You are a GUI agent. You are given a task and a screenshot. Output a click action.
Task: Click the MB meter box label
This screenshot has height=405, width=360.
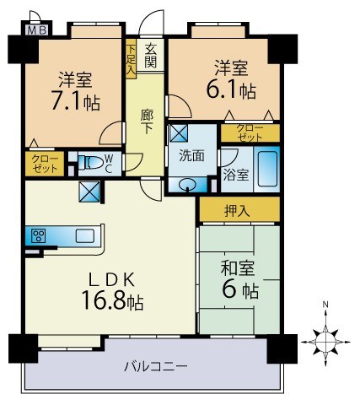[37, 30]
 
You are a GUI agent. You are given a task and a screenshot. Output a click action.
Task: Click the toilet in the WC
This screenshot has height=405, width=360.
[90, 163]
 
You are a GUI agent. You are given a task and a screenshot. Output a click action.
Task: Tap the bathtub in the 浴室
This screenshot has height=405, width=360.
[267, 169]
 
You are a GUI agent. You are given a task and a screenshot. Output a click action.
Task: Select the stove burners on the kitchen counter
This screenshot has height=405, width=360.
[38, 235]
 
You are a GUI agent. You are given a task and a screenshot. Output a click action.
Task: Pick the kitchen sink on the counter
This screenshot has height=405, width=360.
[85, 235]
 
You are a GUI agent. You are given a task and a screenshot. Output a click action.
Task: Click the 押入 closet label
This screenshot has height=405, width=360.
[237, 210]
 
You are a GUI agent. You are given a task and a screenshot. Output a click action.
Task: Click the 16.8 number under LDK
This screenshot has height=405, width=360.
[104, 300]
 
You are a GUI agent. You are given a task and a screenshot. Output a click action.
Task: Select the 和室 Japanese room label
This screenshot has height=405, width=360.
[238, 268]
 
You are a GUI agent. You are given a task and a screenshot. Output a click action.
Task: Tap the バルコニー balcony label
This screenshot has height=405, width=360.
[156, 366]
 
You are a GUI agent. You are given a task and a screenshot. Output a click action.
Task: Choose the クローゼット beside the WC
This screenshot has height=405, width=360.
[45, 164]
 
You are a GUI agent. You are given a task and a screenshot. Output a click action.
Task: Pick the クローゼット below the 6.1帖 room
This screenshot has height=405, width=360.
[250, 132]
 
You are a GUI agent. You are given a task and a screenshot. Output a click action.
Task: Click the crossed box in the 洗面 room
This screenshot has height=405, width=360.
[179, 132]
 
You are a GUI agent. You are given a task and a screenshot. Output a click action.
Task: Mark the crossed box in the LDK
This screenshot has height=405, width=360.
[89, 192]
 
